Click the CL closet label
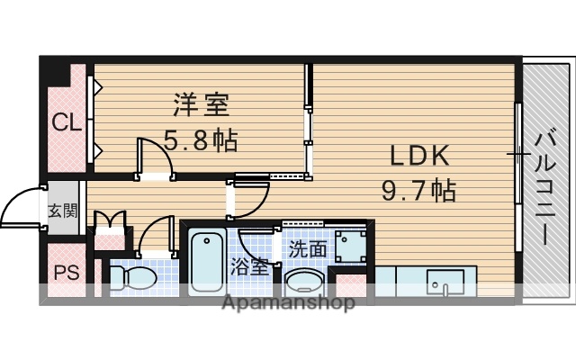click(63, 121)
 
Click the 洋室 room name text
click(202, 104)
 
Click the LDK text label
click(418, 156)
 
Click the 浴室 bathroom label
click(249, 266)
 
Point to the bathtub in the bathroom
click(208, 261)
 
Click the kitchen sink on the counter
click(445, 281)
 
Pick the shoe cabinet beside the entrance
click(109, 223)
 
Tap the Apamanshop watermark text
click(288, 303)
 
